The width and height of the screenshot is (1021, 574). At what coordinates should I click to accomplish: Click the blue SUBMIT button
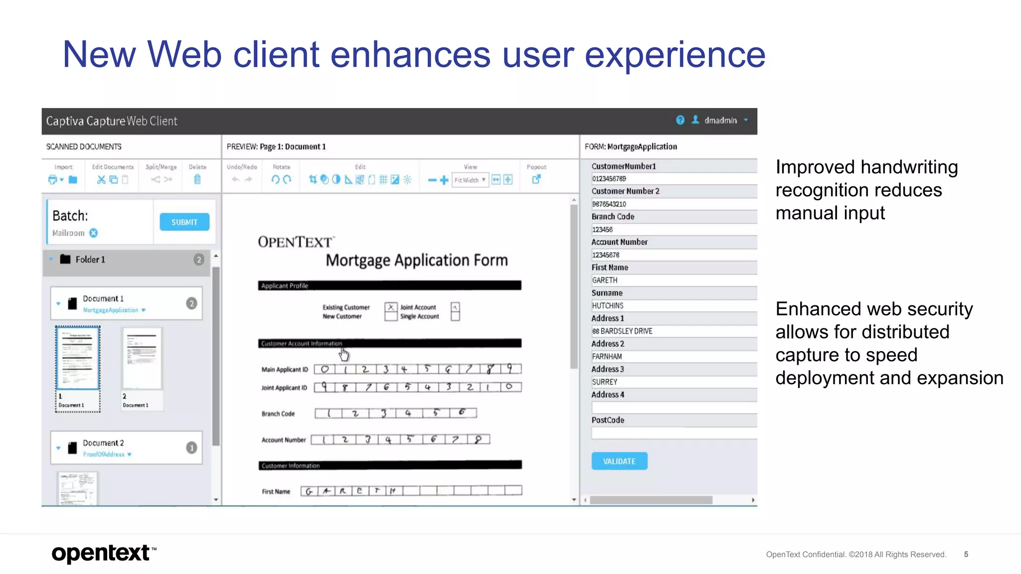184,222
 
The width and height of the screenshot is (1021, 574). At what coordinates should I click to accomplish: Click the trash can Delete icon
197,179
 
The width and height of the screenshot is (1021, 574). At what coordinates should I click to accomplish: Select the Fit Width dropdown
470,180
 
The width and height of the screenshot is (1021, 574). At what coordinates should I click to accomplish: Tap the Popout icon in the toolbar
536,179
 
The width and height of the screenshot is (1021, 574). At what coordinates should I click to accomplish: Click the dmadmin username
720,121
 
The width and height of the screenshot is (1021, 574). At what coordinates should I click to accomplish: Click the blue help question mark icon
680,120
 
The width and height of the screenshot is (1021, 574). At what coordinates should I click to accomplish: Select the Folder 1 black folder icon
65,259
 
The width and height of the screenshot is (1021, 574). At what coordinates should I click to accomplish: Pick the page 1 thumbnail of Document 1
78,358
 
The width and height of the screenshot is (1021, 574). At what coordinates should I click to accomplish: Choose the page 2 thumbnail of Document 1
142,358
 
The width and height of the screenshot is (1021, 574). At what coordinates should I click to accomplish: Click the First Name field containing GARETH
673,280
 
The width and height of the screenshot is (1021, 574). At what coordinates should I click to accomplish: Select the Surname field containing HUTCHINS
673,305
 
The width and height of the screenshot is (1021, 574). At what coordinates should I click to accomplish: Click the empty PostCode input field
673,433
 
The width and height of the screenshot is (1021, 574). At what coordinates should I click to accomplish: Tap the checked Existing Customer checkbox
391,307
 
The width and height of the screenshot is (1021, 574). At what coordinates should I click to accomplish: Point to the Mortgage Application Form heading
417,260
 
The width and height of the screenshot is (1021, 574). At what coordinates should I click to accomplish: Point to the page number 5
966,554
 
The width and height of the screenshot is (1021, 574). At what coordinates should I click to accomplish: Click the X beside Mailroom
94,233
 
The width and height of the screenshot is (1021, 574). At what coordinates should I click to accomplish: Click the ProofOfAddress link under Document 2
104,454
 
